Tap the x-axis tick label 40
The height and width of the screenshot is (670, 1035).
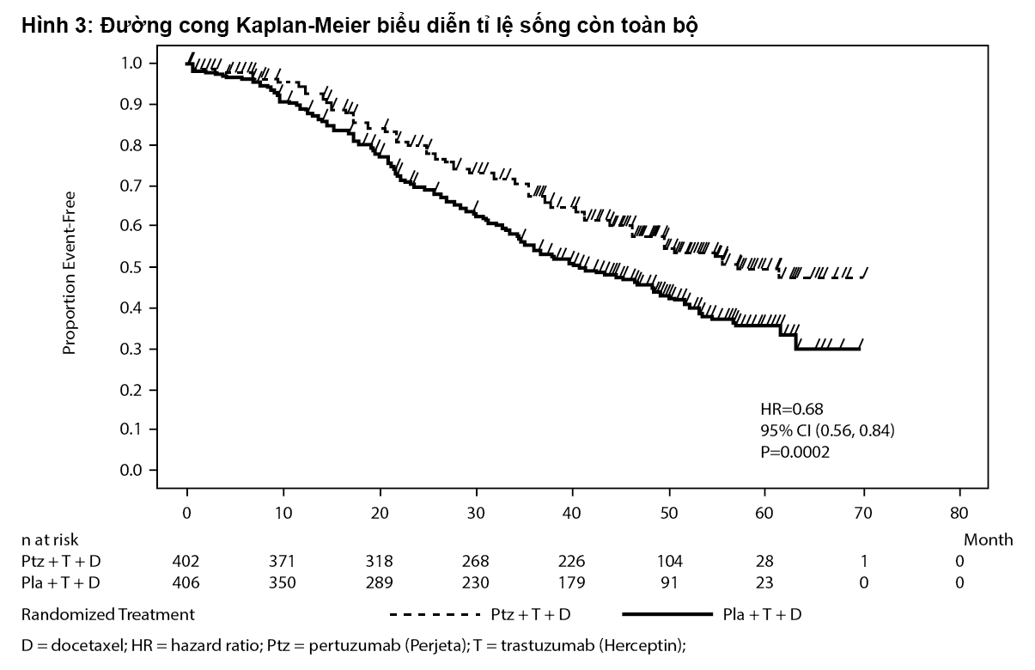[x=573, y=514]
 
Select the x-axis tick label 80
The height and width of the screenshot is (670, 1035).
[x=959, y=514]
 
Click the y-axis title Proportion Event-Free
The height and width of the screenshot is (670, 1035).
[x=70, y=272]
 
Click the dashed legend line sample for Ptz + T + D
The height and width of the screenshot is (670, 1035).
[x=434, y=615]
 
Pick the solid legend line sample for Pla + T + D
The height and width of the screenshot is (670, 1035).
[x=667, y=615]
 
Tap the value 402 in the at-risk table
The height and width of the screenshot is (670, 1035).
[x=186, y=561]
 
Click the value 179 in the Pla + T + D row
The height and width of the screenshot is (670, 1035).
[x=572, y=582]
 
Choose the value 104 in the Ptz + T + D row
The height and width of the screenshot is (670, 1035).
[x=669, y=561]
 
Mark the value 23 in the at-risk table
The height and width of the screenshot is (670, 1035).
[x=764, y=582]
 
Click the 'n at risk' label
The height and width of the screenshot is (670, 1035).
[x=50, y=540]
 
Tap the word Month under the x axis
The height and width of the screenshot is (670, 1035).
[x=988, y=540]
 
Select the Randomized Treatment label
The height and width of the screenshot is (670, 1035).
[x=107, y=615]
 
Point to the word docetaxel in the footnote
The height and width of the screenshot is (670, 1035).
[x=74, y=645]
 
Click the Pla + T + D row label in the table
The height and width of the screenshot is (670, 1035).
[x=60, y=582]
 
